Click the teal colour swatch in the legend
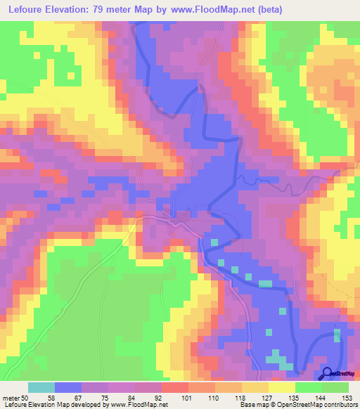41,387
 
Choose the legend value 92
168,397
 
